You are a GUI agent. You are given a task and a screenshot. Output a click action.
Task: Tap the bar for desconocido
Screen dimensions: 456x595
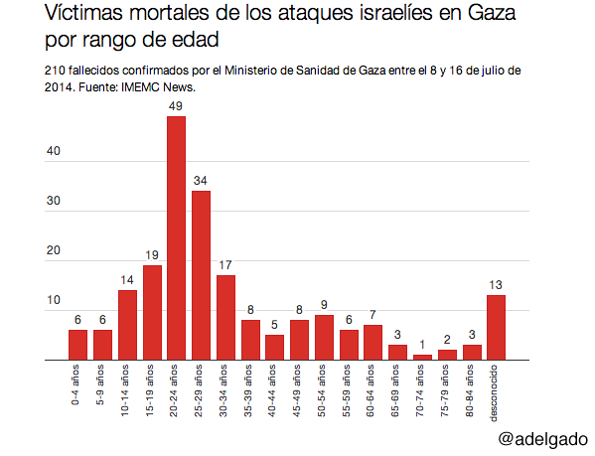click(497, 328)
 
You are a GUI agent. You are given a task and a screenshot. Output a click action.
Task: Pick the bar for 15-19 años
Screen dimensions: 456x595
click(152, 313)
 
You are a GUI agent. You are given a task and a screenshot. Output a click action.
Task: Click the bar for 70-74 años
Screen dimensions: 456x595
click(422, 358)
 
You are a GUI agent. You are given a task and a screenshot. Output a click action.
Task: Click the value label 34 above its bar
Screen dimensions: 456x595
click(201, 182)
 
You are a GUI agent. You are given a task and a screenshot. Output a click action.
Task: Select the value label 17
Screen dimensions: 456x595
click(225, 266)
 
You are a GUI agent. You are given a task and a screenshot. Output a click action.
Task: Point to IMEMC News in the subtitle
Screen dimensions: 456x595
click(158, 86)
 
